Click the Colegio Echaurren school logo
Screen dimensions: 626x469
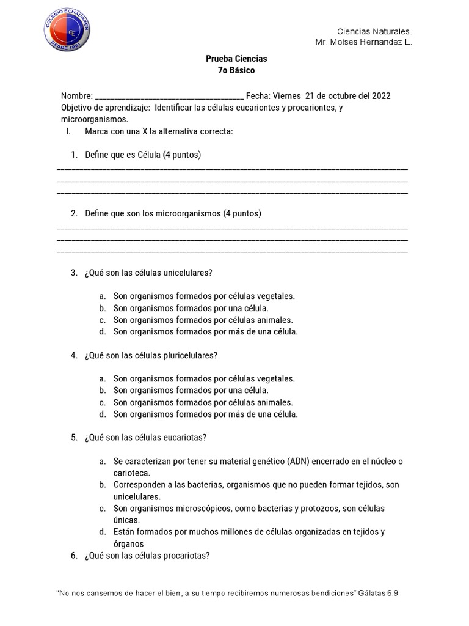[67, 31]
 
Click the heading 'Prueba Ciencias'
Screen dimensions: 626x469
[236, 59]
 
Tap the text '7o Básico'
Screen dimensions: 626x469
[236, 70]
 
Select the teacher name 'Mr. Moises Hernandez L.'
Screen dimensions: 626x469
[363, 43]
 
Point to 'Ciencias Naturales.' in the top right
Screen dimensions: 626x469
[375, 31]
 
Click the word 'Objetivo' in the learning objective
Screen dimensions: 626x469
[76, 108]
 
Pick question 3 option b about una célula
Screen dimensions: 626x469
[191, 308]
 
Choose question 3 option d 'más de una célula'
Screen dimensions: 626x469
[205, 332]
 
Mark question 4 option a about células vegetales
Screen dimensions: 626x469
[203, 379]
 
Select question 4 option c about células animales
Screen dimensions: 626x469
[203, 402]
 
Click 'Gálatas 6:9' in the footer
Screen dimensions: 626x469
[379, 593]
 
